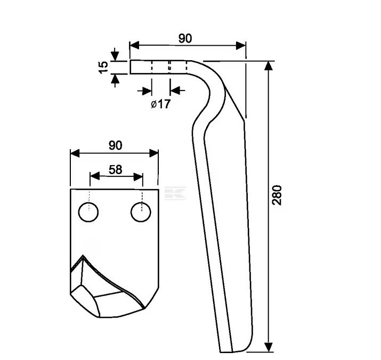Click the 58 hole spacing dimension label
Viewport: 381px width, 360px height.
pos(115,169)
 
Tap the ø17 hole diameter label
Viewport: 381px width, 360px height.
pos(160,104)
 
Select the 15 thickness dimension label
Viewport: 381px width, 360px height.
pos(104,67)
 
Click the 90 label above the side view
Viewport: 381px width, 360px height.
pos(185,38)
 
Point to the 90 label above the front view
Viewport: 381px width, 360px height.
pos(116,145)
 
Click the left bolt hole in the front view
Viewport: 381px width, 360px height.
pos(88,212)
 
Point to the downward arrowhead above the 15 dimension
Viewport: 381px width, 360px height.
pos(115,55)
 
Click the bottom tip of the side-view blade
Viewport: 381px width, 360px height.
pos(229,351)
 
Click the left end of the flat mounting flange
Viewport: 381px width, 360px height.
pos(131,67)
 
